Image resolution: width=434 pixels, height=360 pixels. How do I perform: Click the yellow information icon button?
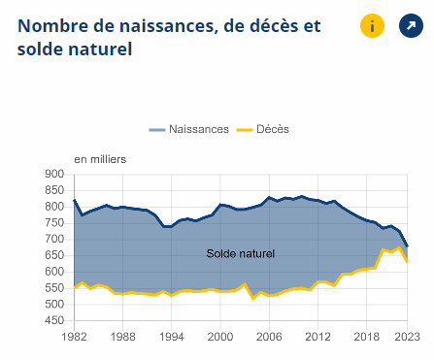372,26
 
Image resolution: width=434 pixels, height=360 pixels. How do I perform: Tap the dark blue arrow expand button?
412,26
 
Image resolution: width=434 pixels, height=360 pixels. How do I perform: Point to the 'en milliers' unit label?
100,158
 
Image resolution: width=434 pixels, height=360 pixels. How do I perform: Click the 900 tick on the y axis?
54,175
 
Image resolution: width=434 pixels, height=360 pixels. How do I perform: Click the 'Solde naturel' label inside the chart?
241,253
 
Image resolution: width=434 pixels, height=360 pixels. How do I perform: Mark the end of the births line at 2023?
407,246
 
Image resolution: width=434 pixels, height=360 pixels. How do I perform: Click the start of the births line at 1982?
74,200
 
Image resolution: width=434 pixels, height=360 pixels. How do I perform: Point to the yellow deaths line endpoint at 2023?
407,262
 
